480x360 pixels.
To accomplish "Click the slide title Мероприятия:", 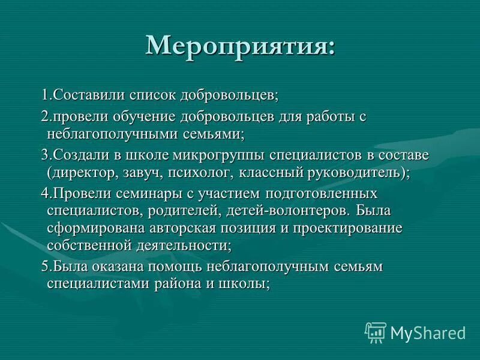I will (x=240, y=46).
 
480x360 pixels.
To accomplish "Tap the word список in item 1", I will (x=163, y=95).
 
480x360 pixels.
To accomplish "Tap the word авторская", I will (x=205, y=229).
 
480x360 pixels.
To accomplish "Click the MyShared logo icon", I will (x=376, y=332).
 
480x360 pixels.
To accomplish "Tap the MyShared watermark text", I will (x=428, y=332).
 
